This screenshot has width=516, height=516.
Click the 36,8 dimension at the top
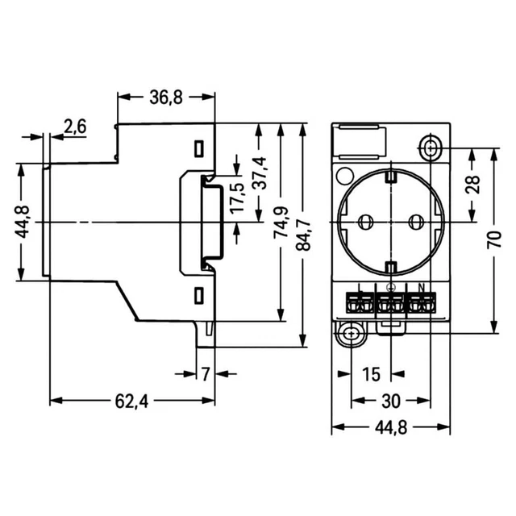coord(166,98)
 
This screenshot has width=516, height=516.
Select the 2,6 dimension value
coord(76,126)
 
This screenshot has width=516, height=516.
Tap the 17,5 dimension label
coord(236,198)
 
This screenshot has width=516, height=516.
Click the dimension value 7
coord(206,374)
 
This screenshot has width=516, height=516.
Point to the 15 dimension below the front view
coord(370,375)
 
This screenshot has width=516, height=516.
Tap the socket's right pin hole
coord(417,221)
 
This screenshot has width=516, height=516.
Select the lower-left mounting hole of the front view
coord(348,334)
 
